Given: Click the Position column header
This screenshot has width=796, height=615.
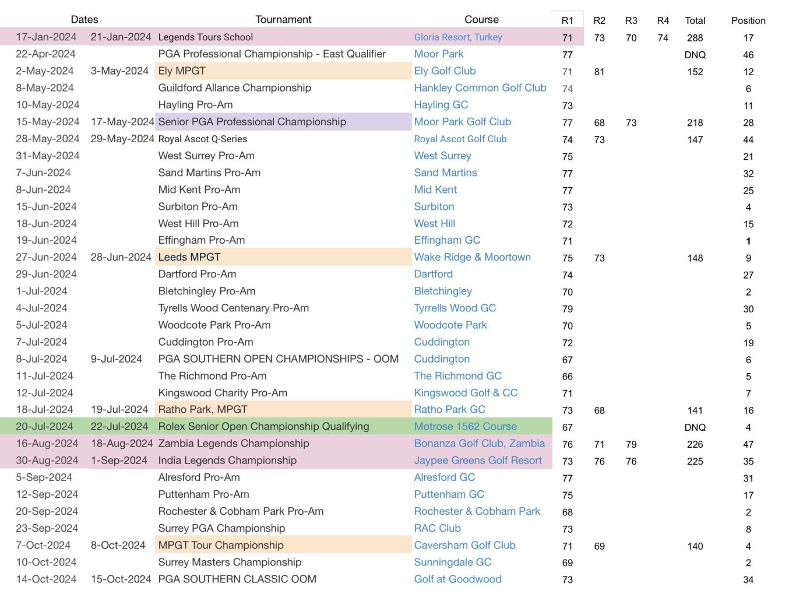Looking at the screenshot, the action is pyautogui.click(x=748, y=20).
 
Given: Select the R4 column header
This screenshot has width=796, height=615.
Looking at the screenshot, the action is pyautogui.click(x=663, y=20).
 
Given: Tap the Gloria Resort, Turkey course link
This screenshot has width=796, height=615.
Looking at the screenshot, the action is pyautogui.click(x=458, y=37).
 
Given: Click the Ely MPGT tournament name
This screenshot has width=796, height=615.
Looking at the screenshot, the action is pyautogui.click(x=182, y=71).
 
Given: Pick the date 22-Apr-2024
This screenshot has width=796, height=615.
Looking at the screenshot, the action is pyautogui.click(x=45, y=54).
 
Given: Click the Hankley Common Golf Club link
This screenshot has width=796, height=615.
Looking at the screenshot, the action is pyautogui.click(x=480, y=88).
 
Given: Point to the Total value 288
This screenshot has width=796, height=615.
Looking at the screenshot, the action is pyautogui.click(x=695, y=38).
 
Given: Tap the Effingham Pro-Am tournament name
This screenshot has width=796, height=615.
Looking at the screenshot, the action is pyautogui.click(x=202, y=240).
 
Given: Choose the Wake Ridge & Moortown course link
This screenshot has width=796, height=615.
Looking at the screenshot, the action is pyautogui.click(x=472, y=257).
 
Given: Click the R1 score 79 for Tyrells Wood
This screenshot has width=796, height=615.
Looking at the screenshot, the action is pyautogui.click(x=567, y=309).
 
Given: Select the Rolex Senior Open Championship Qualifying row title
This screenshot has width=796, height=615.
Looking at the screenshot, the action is pyautogui.click(x=263, y=426).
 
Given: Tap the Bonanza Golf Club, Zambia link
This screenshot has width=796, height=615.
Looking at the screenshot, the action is pyautogui.click(x=479, y=443).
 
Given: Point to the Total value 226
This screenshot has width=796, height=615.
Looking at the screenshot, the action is pyautogui.click(x=695, y=444).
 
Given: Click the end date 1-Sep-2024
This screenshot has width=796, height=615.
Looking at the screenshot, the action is pyautogui.click(x=119, y=461).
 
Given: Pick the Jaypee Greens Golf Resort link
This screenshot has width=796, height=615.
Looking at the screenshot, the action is pyautogui.click(x=478, y=461).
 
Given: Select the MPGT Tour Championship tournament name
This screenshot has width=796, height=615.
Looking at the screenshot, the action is pyautogui.click(x=221, y=545).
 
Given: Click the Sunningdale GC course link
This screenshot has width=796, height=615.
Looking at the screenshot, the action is pyautogui.click(x=452, y=562).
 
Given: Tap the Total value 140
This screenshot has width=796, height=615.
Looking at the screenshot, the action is pyautogui.click(x=695, y=546).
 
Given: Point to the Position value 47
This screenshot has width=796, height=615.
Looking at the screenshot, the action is pyautogui.click(x=748, y=444).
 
